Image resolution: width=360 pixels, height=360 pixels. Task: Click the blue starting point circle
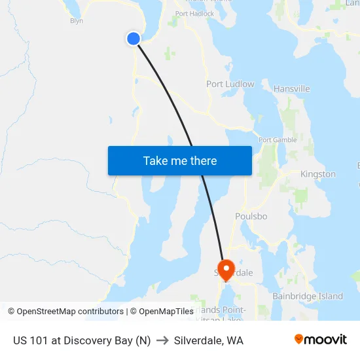pyautogui.click(x=134, y=39)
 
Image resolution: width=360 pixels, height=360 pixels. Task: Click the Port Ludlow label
pyautogui.click(x=230, y=84)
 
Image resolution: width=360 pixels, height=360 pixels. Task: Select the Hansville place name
pyautogui.click(x=291, y=89)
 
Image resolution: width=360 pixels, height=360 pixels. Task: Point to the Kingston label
pyautogui.click(x=317, y=174)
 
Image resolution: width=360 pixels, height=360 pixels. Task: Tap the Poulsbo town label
pyautogui.click(x=252, y=216)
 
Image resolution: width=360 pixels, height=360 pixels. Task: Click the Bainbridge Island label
pyautogui.click(x=307, y=296)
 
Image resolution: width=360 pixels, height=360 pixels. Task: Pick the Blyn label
pyautogui.click(x=77, y=21)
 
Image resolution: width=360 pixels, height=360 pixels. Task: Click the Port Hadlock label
pyautogui.click(x=194, y=13)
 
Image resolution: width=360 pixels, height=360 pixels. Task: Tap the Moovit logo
pyautogui.click(x=321, y=339)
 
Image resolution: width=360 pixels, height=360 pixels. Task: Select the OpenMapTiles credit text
pyautogui.click(x=161, y=312)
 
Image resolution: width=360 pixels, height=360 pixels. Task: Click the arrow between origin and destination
pyautogui.click(x=162, y=340)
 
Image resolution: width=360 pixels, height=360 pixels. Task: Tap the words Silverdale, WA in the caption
pyautogui.click(x=209, y=340)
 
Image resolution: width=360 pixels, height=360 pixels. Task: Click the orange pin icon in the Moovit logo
pyautogui.click(x=299, y=339)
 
